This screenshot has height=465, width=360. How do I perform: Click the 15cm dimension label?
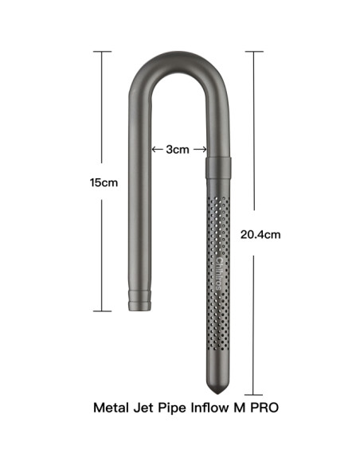(104, 182)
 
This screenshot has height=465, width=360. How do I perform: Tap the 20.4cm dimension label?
(259, 235)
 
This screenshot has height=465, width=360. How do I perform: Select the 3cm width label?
(178, 150)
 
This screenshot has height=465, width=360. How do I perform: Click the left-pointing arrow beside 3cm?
(156, 150)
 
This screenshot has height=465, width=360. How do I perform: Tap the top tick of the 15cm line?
(104, 53)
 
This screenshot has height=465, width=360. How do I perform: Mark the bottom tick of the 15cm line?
(104, 311)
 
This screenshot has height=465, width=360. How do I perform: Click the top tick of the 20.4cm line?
(253, 52)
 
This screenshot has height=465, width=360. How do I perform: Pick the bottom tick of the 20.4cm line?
(253, 394)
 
